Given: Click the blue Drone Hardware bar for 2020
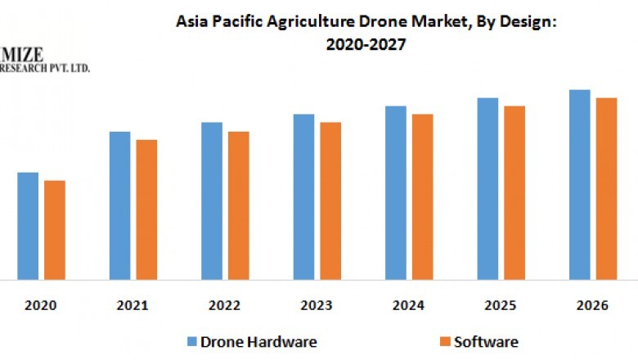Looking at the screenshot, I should [28, 226].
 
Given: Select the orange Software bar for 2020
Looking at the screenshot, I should [55, 230].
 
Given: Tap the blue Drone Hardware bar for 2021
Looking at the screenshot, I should [119, 205].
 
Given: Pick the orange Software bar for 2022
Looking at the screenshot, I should [238, 205].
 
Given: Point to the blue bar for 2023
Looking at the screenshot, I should [303, 196].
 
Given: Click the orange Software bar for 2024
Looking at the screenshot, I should [422, 196].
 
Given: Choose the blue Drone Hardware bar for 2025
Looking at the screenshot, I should [487, 188].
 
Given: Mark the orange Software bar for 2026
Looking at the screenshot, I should [606, 188].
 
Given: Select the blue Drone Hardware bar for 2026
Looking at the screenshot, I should [580, 184].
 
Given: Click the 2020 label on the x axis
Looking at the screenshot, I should [41, 305].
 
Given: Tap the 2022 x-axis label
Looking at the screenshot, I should [224, 305].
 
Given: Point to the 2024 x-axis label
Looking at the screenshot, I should [408, 305].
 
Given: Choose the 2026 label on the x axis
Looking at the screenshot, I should [592, 305].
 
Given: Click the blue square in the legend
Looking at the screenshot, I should [191, 341].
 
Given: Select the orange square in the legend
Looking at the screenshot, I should [447, 341].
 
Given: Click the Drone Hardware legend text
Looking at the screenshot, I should [258, 341].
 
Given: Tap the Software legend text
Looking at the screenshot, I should [487, 341].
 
